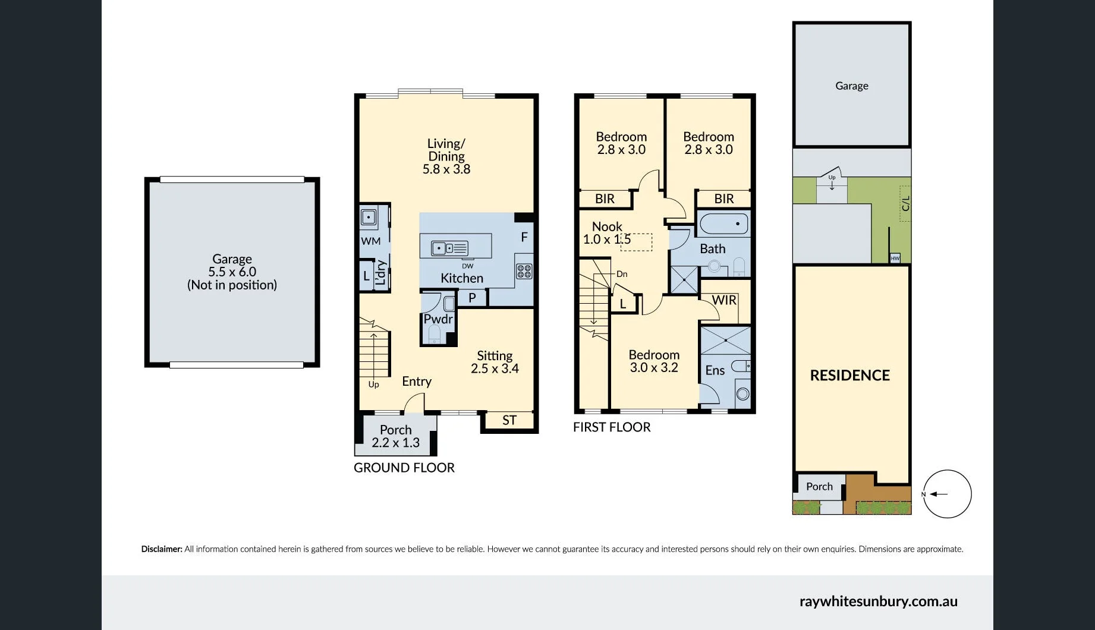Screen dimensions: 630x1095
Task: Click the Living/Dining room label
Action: [x=446, y=156]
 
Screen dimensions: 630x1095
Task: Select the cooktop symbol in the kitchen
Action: [x=524, y=272]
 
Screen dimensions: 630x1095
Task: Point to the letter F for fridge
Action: [x=524, y=237]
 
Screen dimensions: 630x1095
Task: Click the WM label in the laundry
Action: [x=370, y=241]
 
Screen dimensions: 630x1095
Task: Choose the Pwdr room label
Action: [x=438, y=319]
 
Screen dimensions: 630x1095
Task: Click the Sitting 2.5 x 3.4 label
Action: [x=495, y=362]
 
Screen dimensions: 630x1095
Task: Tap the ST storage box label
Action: [x=509, y=421]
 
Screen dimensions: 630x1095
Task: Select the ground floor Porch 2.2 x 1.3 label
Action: [x=395, y=436]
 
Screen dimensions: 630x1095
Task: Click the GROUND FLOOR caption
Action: [x=404, y=468]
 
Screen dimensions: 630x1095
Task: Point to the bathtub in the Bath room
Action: [x=723, y=224]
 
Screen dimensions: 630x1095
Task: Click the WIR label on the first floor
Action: [x=723, y=300]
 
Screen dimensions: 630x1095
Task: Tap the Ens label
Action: [x=715, y=370]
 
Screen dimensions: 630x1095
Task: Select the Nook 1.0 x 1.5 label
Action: [x=607, y=233]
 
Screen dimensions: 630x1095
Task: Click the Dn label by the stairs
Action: [x=622, y=274]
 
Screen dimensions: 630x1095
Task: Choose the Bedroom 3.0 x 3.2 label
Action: [x=654, y=361]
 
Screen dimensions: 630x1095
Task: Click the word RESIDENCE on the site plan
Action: [x=849, y=376]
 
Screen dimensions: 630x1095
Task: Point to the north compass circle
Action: [x=947, y=494]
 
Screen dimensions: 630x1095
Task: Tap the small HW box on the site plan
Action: [x=895, y=258]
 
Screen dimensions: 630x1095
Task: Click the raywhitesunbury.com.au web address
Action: [x=878, y=601]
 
